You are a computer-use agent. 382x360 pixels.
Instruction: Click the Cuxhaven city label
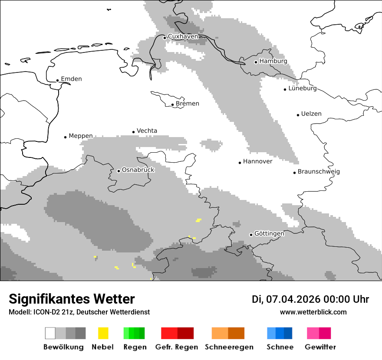pos(183,36)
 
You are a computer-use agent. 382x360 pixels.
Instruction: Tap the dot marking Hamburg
pos(256,62)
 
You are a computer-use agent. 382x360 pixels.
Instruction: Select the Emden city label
pos(71,79)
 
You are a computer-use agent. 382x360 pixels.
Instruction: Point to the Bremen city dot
pos(173,105)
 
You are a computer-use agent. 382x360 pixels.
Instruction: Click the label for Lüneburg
pos(303,88)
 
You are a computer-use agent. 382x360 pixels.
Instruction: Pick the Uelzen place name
pos(311,114)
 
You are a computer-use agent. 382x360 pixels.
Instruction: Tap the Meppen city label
pos(81,136)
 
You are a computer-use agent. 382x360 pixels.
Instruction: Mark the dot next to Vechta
pos(134,132)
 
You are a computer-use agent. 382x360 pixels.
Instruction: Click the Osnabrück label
pos(138,170)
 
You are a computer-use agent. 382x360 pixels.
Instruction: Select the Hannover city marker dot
pos(240,163)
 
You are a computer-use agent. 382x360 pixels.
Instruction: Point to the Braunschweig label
pos(319,171)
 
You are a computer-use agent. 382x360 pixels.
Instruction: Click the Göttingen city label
pos(269,234)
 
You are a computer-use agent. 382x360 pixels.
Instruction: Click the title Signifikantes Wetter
pos(72,299)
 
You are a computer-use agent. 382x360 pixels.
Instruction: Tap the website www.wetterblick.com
pos(313,312)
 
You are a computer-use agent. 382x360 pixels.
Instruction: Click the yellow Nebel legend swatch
pos(103,333)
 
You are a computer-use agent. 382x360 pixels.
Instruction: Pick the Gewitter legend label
pos(320,347)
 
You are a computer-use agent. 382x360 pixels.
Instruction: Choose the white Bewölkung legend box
pos(50,333)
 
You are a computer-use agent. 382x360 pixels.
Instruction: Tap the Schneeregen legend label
pos(228,347)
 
